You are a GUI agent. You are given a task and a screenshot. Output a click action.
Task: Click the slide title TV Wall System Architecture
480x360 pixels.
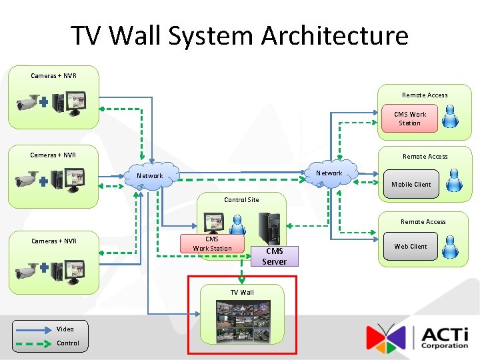point(239,35)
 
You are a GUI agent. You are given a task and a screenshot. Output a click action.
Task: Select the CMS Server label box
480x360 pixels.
point(275,256)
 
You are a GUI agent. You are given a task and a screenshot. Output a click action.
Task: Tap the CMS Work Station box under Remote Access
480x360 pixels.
point(409,119)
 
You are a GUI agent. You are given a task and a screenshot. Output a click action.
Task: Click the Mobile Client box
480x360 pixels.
point(411,185)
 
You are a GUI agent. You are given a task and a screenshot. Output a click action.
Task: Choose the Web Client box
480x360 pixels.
point(410,246)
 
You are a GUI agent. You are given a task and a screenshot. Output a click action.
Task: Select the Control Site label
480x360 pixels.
point(241,199)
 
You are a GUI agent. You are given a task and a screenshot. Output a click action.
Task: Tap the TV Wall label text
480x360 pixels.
point(242,292)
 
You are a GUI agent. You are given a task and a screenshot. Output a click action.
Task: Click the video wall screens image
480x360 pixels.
point(243,322)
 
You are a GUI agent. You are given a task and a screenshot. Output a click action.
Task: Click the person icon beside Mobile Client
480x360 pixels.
point(454,180)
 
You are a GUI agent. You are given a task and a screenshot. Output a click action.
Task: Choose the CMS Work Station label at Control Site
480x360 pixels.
point(212,244)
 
